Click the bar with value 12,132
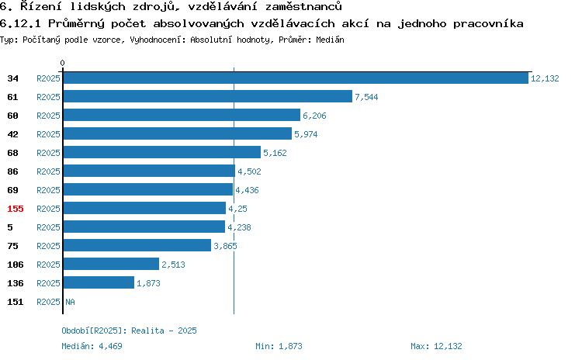pyautogui.click(x=296, y=78)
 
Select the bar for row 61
pyautogui.click(x=208, y=96)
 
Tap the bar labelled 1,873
pyautogui.click(x=99, y=282)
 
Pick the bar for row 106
pyautogui.click(x=111, y=264)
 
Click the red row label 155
pyautogui.click(x=16, y=209)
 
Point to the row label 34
pyautogui.click(x=12, y=78)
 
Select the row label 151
pyautogui.click(x=16, y=302)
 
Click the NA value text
pyautogui.click(x=70, y=302)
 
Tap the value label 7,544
pyautogui.click(x=366, y=97)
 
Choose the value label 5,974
pyautogui.click(x=306, y=134)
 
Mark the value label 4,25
pyautogui.click(x=237, y=209)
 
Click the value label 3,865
pyautogui.click(x=225, y=246)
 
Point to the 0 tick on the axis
pyautogui.click(x=62, y=63)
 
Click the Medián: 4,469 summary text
pyautogui.click(x=92, y=346)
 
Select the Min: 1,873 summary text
pyautogui.click(x=279, y=346)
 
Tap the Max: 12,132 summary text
pyautogui.click(x=436, y=346)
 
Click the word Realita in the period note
pyautogui.click(x=147, y=331)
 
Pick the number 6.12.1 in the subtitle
pyautogui.click(x=20, y=24)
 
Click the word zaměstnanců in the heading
pyautogui.click(x=303, y=6)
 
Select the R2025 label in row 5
pyautogui.click(x=48, y=227)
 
